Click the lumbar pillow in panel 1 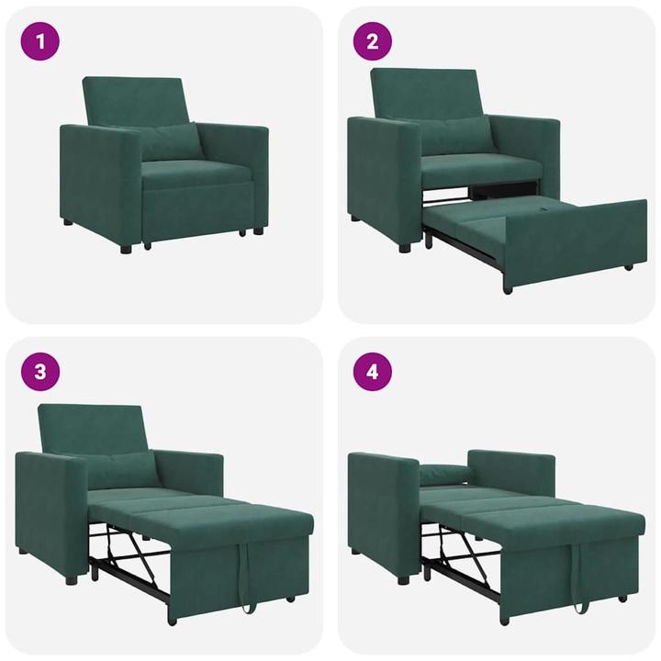171,142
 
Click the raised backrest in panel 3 92,427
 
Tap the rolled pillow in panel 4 444,474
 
